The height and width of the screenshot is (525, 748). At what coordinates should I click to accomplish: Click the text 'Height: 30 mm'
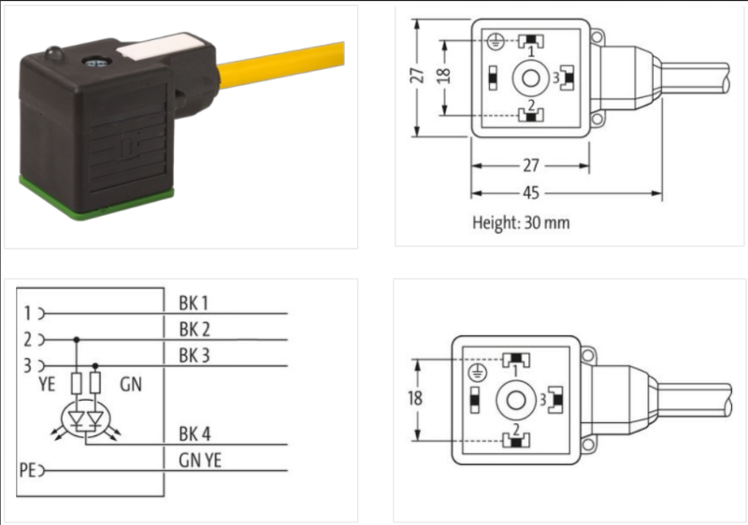click(x=521, y=223)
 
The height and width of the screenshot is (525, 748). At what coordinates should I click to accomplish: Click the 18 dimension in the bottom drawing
click(x=415, y=398)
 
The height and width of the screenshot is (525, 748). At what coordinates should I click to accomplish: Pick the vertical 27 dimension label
click(x=421, y=75)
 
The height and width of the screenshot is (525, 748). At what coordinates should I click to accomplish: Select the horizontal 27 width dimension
click(x=530, y=166)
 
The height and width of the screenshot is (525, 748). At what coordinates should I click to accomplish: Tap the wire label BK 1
click(x=194, y=303)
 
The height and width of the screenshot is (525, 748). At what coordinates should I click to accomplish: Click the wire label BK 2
click(x=194, y=328)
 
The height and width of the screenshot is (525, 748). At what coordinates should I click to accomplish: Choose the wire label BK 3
click(x=194, y=353)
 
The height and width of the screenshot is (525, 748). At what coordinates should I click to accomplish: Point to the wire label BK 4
click(x=194, y=434)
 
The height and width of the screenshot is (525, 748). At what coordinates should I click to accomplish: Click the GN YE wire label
click(x=198, y=459)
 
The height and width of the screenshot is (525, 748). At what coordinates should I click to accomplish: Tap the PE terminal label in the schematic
click(x=27, y=467)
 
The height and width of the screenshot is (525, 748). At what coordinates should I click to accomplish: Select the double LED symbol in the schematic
click(x=84, y=419)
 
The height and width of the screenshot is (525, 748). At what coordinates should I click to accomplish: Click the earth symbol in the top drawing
click(x=496, y=40)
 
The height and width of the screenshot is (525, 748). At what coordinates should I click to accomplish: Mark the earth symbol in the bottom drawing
click(x=478, y=373)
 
